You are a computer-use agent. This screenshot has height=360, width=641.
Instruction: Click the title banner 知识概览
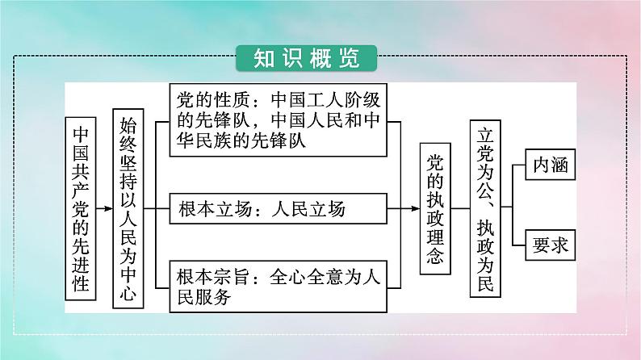click(308, 58)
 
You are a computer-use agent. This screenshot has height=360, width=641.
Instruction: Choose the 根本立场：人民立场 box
click(280, 210)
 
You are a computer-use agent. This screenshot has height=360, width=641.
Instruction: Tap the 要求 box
click(549, 245)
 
